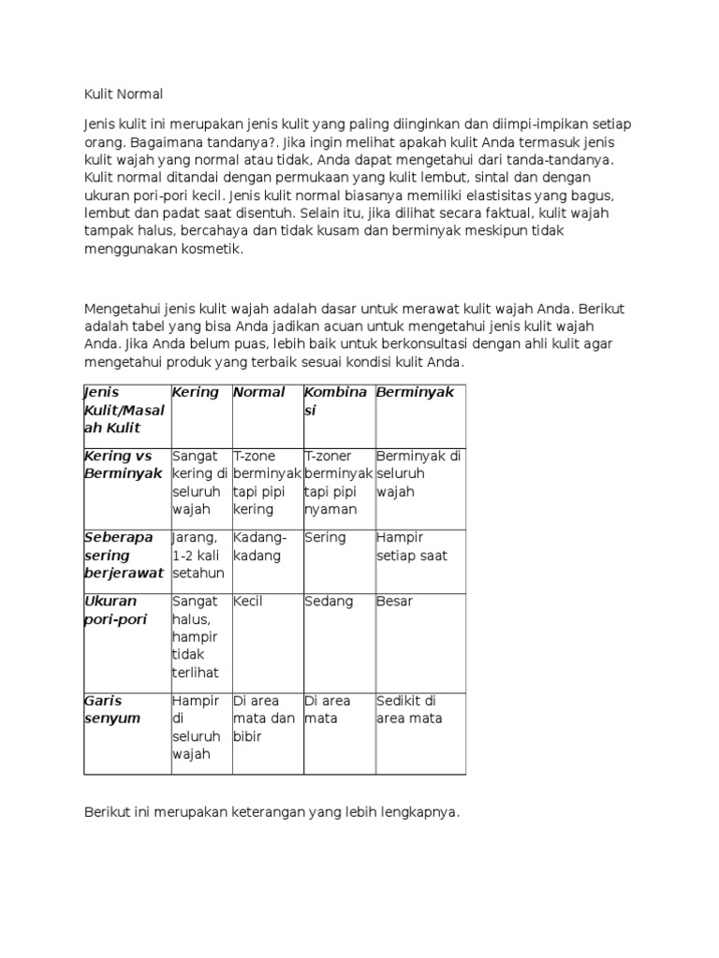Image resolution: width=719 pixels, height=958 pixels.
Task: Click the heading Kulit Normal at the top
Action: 124,94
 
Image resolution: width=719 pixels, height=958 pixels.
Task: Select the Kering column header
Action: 196,393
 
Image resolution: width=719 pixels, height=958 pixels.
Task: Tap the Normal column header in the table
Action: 259,393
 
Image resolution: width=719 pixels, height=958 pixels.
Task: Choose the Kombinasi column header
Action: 335,401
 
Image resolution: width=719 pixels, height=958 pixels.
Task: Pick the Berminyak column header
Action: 415,393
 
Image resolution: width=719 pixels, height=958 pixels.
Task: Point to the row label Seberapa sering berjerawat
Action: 124,555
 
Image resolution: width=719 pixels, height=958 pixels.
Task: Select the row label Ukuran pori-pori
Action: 110,610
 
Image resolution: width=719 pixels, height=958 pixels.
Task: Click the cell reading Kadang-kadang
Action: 261,546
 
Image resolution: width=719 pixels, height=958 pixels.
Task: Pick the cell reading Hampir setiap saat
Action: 412,546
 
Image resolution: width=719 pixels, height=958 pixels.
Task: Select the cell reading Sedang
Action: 329,602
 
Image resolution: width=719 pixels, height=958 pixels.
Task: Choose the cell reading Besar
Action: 394,602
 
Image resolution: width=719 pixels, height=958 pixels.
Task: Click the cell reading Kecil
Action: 249,602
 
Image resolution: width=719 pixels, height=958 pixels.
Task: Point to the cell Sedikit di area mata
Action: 411,709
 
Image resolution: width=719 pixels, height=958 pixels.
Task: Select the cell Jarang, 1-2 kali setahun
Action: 196,555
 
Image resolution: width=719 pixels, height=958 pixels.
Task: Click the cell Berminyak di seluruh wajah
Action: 418,473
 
